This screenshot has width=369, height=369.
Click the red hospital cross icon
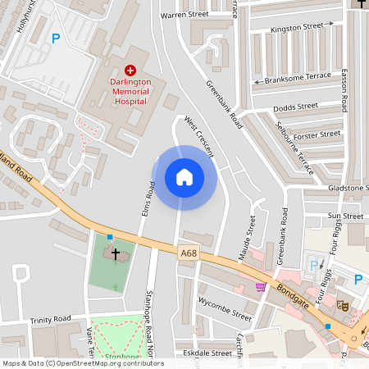click(131, 73)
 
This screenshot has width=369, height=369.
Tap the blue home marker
click(184, 177)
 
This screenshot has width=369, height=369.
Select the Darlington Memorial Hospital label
click(131, 92)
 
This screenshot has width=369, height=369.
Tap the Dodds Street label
click(295, 107)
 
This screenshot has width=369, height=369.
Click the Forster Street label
click(317, 134)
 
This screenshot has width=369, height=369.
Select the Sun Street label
click(345, 216)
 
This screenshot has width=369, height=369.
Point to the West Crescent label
click(198, 136)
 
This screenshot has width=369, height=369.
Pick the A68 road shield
click(189, 254)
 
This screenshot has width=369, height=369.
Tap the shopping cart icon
click(261, 286)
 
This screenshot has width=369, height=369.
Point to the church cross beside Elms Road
click(116, 254)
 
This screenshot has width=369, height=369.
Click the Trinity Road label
click(51, 320)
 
